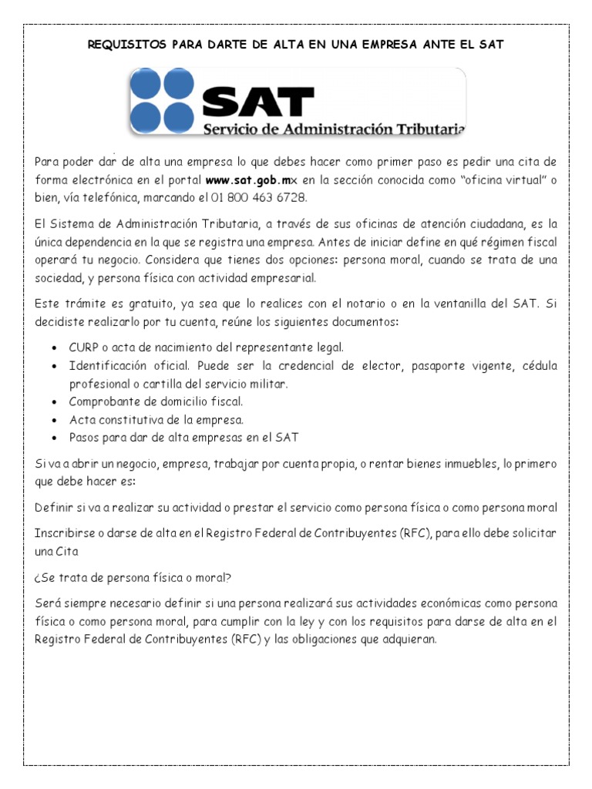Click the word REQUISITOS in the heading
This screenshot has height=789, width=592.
coord(122,45)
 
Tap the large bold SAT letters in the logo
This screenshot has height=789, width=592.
coord(258,100)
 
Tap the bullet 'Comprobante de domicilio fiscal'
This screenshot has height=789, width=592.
coord(156,401)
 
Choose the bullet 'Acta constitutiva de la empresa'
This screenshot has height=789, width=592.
coord(156,420)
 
